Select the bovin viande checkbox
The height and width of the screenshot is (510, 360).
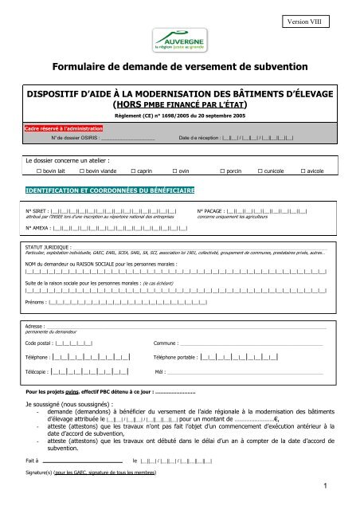click(x=80, y=171)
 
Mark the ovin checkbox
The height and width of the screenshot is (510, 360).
click(x=176, y=171)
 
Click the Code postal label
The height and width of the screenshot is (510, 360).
click(x=39, y=343)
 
